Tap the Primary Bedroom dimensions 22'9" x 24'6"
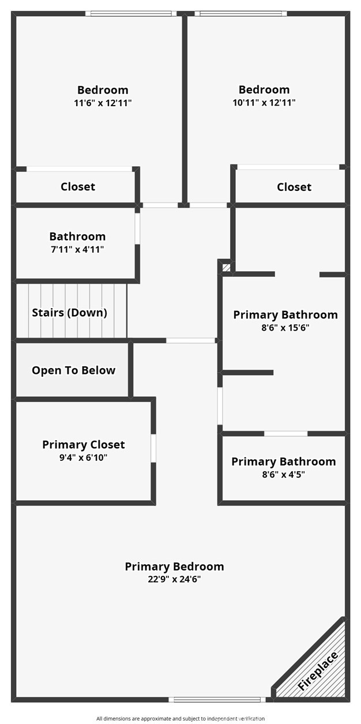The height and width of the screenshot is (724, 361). pos(174,579)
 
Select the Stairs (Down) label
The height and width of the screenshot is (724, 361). pos(69,313)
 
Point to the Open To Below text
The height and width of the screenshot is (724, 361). pos(73,370)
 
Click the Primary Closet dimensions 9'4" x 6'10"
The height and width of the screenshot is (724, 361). pos(84,457)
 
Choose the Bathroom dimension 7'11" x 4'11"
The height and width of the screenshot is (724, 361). pos(78,249)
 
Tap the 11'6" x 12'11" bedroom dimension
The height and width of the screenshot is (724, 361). pos(103,103)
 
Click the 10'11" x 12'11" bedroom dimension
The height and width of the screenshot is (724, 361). pos(264,103)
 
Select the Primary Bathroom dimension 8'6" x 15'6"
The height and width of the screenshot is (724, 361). pos(285,328)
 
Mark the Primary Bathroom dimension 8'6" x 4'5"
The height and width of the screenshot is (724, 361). pos(283,474)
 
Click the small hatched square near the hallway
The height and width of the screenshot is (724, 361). pos(227,268)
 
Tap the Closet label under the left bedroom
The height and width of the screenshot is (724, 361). pos(78,186)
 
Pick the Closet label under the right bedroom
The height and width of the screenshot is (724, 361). pos(294,187)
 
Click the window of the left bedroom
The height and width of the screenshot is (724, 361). pos(131,14)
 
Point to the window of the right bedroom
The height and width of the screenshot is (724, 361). pos(241,14)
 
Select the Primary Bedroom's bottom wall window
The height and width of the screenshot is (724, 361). pos(217,699)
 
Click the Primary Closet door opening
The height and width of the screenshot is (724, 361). pos(153,448)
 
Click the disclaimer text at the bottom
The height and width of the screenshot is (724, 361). pos(180,718)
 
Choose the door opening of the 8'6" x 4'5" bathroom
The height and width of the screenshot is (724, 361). pos(285,433)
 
